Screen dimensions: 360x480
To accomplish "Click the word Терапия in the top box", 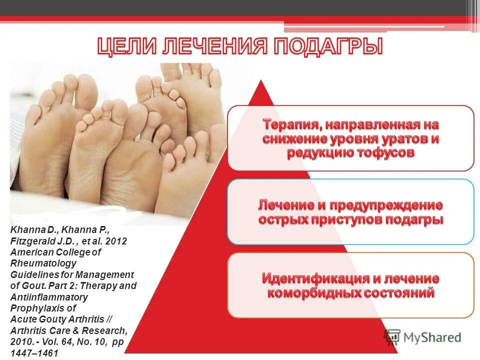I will [291, 123].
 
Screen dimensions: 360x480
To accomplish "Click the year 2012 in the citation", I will [116, 241].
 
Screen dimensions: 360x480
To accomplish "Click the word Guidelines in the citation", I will [32, 274].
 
